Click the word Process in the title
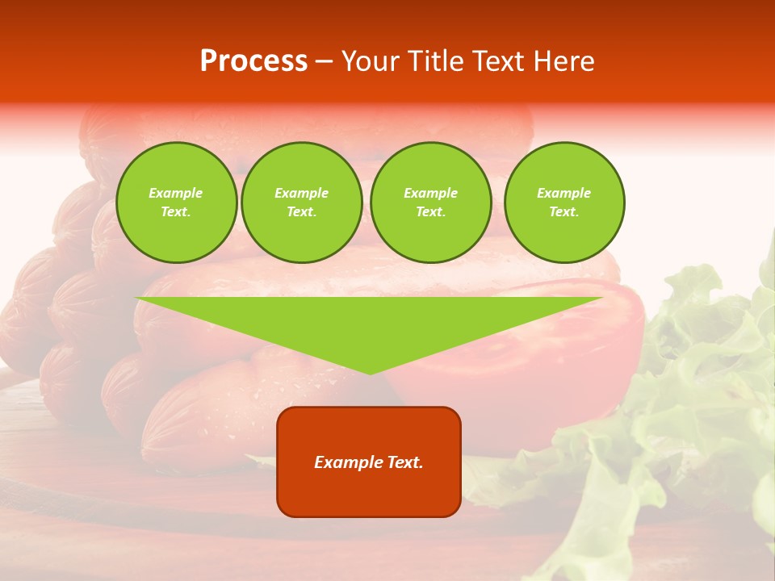pos(253,61)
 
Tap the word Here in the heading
pos(564,61)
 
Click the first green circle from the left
pos(176,203)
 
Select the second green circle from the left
pos(301,203)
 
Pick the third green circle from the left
pos(430,203)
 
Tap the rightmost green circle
pos(564,203)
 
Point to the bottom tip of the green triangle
pos(370,373)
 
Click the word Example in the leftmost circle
pos(176,193)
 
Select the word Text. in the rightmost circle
pos(564,212)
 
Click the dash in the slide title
pos(324,61)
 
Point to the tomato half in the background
pos(565,339)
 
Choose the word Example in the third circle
pos(430,193)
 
